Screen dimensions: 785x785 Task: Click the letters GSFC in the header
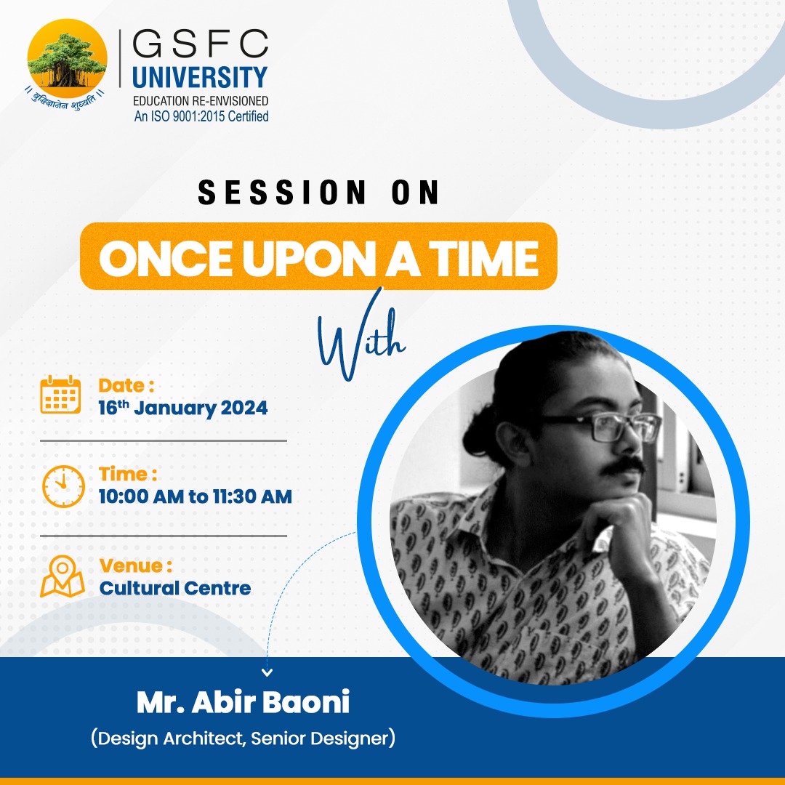tap(200, 45)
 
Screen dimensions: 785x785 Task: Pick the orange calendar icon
tap(60, 395)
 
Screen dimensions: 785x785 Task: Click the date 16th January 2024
tap(182, 408)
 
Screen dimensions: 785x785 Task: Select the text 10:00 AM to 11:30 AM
tap(195, 497)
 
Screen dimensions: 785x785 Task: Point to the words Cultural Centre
tap(174, 587)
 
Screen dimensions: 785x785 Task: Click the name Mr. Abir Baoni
tap(243, 703)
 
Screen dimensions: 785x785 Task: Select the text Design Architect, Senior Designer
tap(243, 739)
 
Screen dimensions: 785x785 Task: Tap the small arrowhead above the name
tap(267, 673)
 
